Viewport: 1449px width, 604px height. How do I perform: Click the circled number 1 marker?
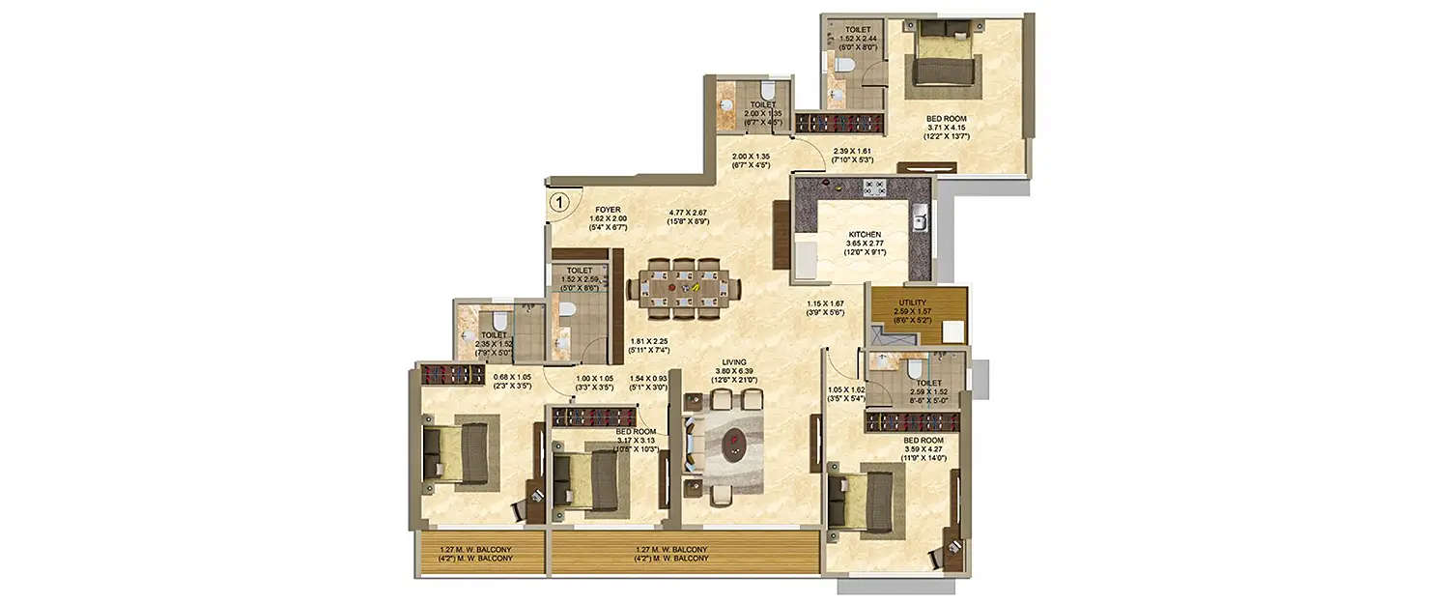tap(558, 202)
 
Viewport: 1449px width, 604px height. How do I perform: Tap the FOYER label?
tap(609, 209)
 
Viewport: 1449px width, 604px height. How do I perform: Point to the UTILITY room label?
tap(913, 302)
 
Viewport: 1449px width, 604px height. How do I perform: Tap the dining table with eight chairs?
tap(685, 286)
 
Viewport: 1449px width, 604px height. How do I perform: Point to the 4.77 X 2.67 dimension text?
tap(689, 216)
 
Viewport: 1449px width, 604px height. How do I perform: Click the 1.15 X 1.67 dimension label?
tap(826, 308)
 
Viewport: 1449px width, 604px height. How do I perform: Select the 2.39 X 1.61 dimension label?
tap(852, 155)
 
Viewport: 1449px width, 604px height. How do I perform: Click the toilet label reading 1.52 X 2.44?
tap(855, 36)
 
